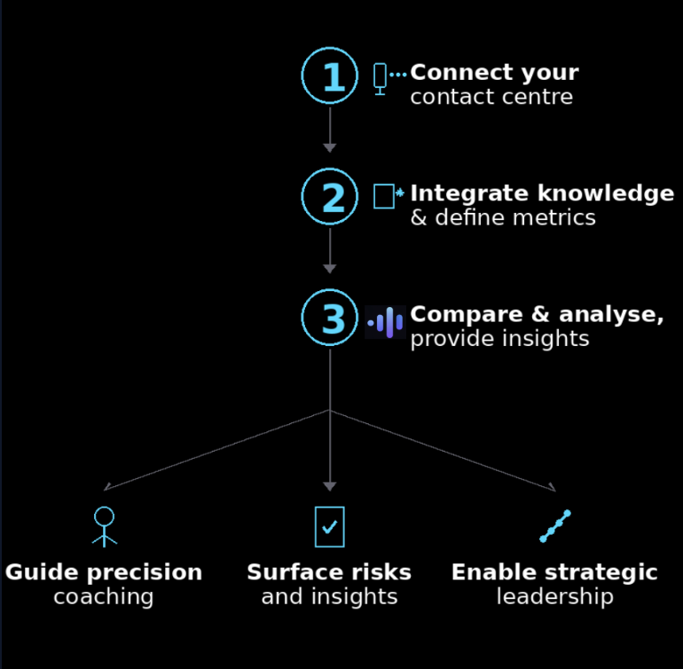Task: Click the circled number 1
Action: [x=330, y=76]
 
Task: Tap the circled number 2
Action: [x=330, y=197]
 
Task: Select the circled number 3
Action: [x=330, y=318]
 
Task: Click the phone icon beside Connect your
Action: [x=381, y=78]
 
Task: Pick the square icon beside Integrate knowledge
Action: [x=384, y=196]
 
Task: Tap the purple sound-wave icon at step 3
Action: [x=386, y=322]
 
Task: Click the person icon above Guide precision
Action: [x=105, y=525]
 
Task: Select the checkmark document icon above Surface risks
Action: [x=329, y=526]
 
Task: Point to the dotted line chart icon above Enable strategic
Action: [x=555, y=526]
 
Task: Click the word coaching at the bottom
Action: [x=104, y=596]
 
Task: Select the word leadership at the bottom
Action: [x=554, y=596]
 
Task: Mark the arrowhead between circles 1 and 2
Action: [x=330, y=147]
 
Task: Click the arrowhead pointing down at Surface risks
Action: [x=330, y=486]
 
